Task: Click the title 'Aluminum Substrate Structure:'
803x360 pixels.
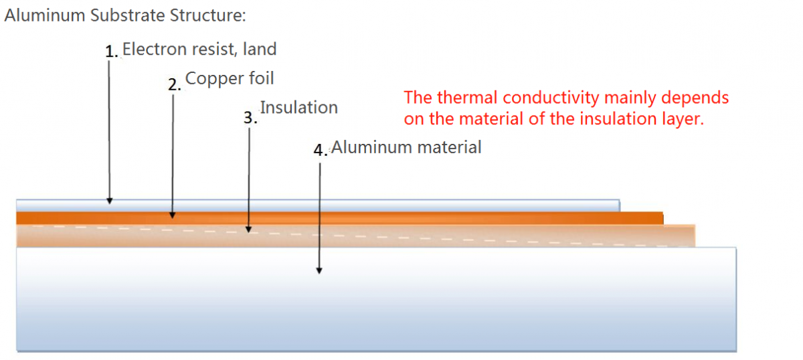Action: click(125, 15)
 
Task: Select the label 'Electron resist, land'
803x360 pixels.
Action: click(199, 49)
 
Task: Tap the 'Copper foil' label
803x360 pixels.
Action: click(230, 78)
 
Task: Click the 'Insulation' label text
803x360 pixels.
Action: click(298, 108)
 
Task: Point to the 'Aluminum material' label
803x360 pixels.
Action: click(406, 147)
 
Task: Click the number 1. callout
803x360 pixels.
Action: click(112, 52)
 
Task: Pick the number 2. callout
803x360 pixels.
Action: click(175, 84)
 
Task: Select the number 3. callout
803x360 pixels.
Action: click(250, 118)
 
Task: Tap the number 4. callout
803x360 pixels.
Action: click(321, 150)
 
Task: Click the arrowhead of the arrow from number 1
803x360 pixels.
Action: click(110, 201)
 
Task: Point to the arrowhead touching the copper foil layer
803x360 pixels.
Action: click(173, 215)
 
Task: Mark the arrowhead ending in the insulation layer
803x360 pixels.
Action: click(249, 230)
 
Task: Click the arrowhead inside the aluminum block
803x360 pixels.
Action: click(319, 271)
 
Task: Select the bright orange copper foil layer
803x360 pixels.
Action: click(340, 218)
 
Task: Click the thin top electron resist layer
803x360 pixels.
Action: click(318, 205)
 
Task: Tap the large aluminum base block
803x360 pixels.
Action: click(376, 299)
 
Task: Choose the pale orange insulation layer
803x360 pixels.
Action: click(356, 236)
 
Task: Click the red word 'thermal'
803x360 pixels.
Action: click(467, 98)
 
